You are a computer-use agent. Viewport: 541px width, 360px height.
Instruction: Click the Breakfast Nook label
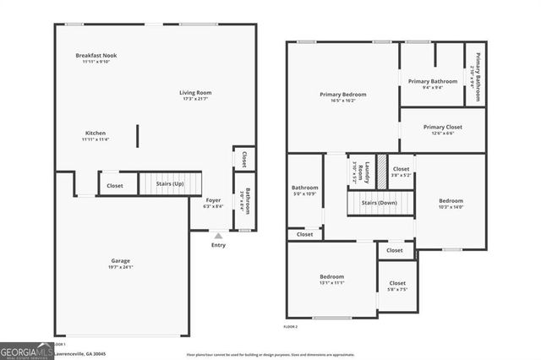tap(97, 56)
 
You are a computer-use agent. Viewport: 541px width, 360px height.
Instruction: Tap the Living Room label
tap(195, 93)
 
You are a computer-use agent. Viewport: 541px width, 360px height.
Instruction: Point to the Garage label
tap(120, 261)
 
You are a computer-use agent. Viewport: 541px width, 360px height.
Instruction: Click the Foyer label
tap(213, 200)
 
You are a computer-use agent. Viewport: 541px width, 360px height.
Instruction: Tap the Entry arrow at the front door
tap(218, 237)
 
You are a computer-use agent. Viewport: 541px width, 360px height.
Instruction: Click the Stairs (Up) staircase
tap(170, 184)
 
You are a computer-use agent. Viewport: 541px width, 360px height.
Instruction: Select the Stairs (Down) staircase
tap(380, 203)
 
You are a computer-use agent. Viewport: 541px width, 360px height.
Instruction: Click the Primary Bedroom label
tap(342, 94)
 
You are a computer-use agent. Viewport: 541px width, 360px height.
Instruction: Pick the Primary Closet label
tap(443, 127)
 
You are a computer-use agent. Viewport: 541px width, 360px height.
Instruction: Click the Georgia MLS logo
tap(26, 351)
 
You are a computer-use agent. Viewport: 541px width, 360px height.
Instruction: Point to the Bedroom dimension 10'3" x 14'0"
tap(451, 207)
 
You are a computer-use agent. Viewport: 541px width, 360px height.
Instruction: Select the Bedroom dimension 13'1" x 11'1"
tap(331, 283)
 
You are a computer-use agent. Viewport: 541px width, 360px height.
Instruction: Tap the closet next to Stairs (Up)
tap(115, 185)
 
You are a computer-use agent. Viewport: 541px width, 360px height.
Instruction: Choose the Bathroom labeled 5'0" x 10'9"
tap(304, 190)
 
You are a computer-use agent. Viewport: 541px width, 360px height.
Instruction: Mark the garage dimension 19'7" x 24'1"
tap(120, 267)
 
